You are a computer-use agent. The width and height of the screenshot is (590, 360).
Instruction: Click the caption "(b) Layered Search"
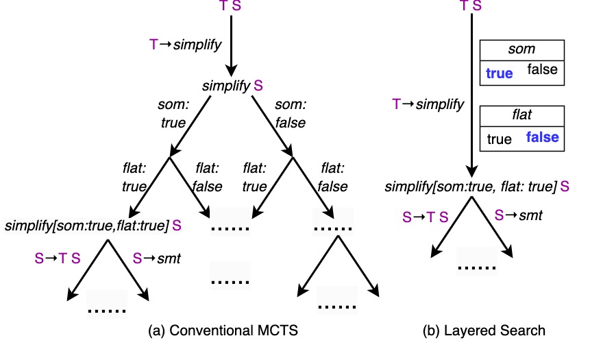tap(484, 331)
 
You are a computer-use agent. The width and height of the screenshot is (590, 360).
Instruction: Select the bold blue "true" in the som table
tap(500, 73)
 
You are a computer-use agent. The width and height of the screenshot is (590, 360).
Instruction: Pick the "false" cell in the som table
tap(542, 69)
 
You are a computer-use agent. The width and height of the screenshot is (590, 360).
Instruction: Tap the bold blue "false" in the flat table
tap(542, 137)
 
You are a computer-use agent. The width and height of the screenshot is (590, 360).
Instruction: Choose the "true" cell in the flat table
tap(499, 139)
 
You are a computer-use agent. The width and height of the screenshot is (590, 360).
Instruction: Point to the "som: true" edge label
tap(173, 114)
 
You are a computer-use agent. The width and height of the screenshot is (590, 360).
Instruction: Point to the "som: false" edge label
tap(290, 114)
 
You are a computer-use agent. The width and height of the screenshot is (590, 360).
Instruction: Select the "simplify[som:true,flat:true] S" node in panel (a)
tap(93, 225)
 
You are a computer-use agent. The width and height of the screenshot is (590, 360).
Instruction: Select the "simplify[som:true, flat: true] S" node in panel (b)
tap(477, 186)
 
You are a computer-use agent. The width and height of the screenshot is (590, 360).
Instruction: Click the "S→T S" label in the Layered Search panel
tap(426, 217)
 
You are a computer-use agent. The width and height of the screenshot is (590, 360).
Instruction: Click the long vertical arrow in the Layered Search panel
tap(472, 96)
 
